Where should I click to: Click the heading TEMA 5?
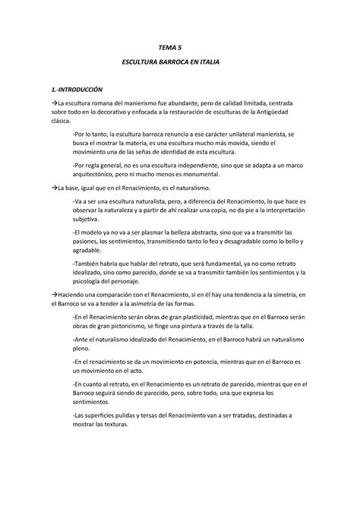coord(179,47)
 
